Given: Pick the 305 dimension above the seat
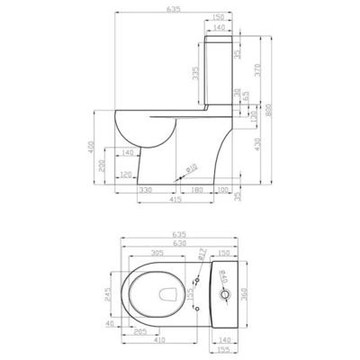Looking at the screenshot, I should (158, 254).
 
